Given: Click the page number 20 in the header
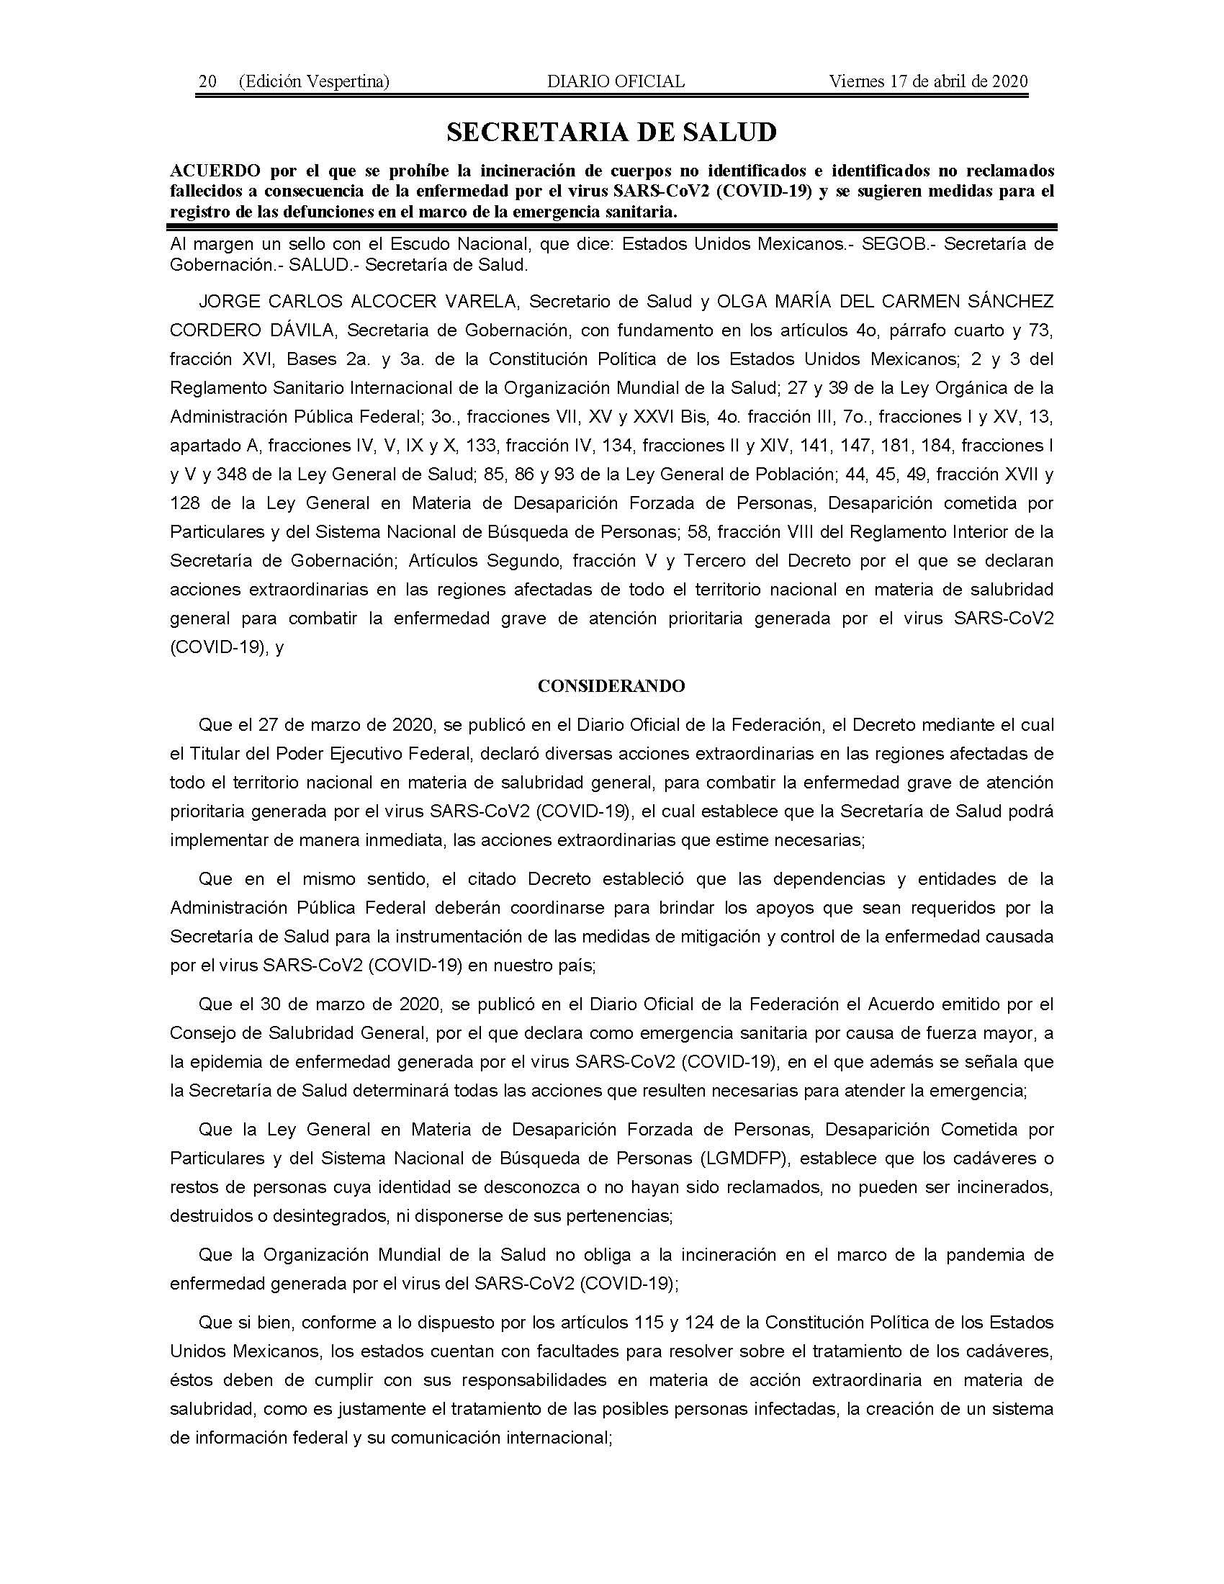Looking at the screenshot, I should (x=207, y=81).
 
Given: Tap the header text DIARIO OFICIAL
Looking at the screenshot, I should (x=615, y=81).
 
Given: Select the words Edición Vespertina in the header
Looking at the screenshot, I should (x=313, y=81).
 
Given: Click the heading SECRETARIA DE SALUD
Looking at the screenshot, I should (x=611, y=132).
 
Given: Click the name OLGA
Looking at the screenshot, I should (x=740, y=302).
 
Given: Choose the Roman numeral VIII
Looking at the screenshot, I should (x=812, y=532).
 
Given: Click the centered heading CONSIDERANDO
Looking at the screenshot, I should (x=611, y=686).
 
